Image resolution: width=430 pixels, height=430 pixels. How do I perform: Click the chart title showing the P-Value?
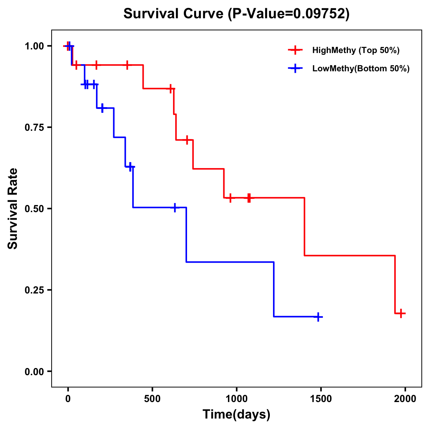point(236,14)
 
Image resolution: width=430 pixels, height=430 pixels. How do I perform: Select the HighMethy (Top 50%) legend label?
point(356,50)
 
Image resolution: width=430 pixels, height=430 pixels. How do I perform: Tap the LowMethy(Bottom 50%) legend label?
point(361,68)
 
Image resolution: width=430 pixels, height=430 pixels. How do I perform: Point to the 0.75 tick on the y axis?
point(34,127)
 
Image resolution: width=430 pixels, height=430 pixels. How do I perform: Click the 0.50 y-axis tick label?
point(34,209)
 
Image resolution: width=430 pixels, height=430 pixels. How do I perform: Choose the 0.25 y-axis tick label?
point(34,290)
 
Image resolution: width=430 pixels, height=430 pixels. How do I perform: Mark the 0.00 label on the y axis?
point(34,371)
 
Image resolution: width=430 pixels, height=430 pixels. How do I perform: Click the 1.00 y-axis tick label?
point(34,46)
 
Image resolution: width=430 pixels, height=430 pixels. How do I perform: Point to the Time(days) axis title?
point(236,415)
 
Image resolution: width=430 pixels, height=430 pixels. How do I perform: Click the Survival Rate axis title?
point(13,209)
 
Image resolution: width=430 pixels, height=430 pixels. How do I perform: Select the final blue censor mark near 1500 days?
point(318,317)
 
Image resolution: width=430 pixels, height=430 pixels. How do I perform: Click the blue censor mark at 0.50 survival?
point(175,207)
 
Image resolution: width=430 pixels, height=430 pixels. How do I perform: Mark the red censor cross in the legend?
point(295,50)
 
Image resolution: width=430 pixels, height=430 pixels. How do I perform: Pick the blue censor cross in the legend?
point(295,68)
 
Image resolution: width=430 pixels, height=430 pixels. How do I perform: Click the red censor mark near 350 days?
point(127,65)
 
